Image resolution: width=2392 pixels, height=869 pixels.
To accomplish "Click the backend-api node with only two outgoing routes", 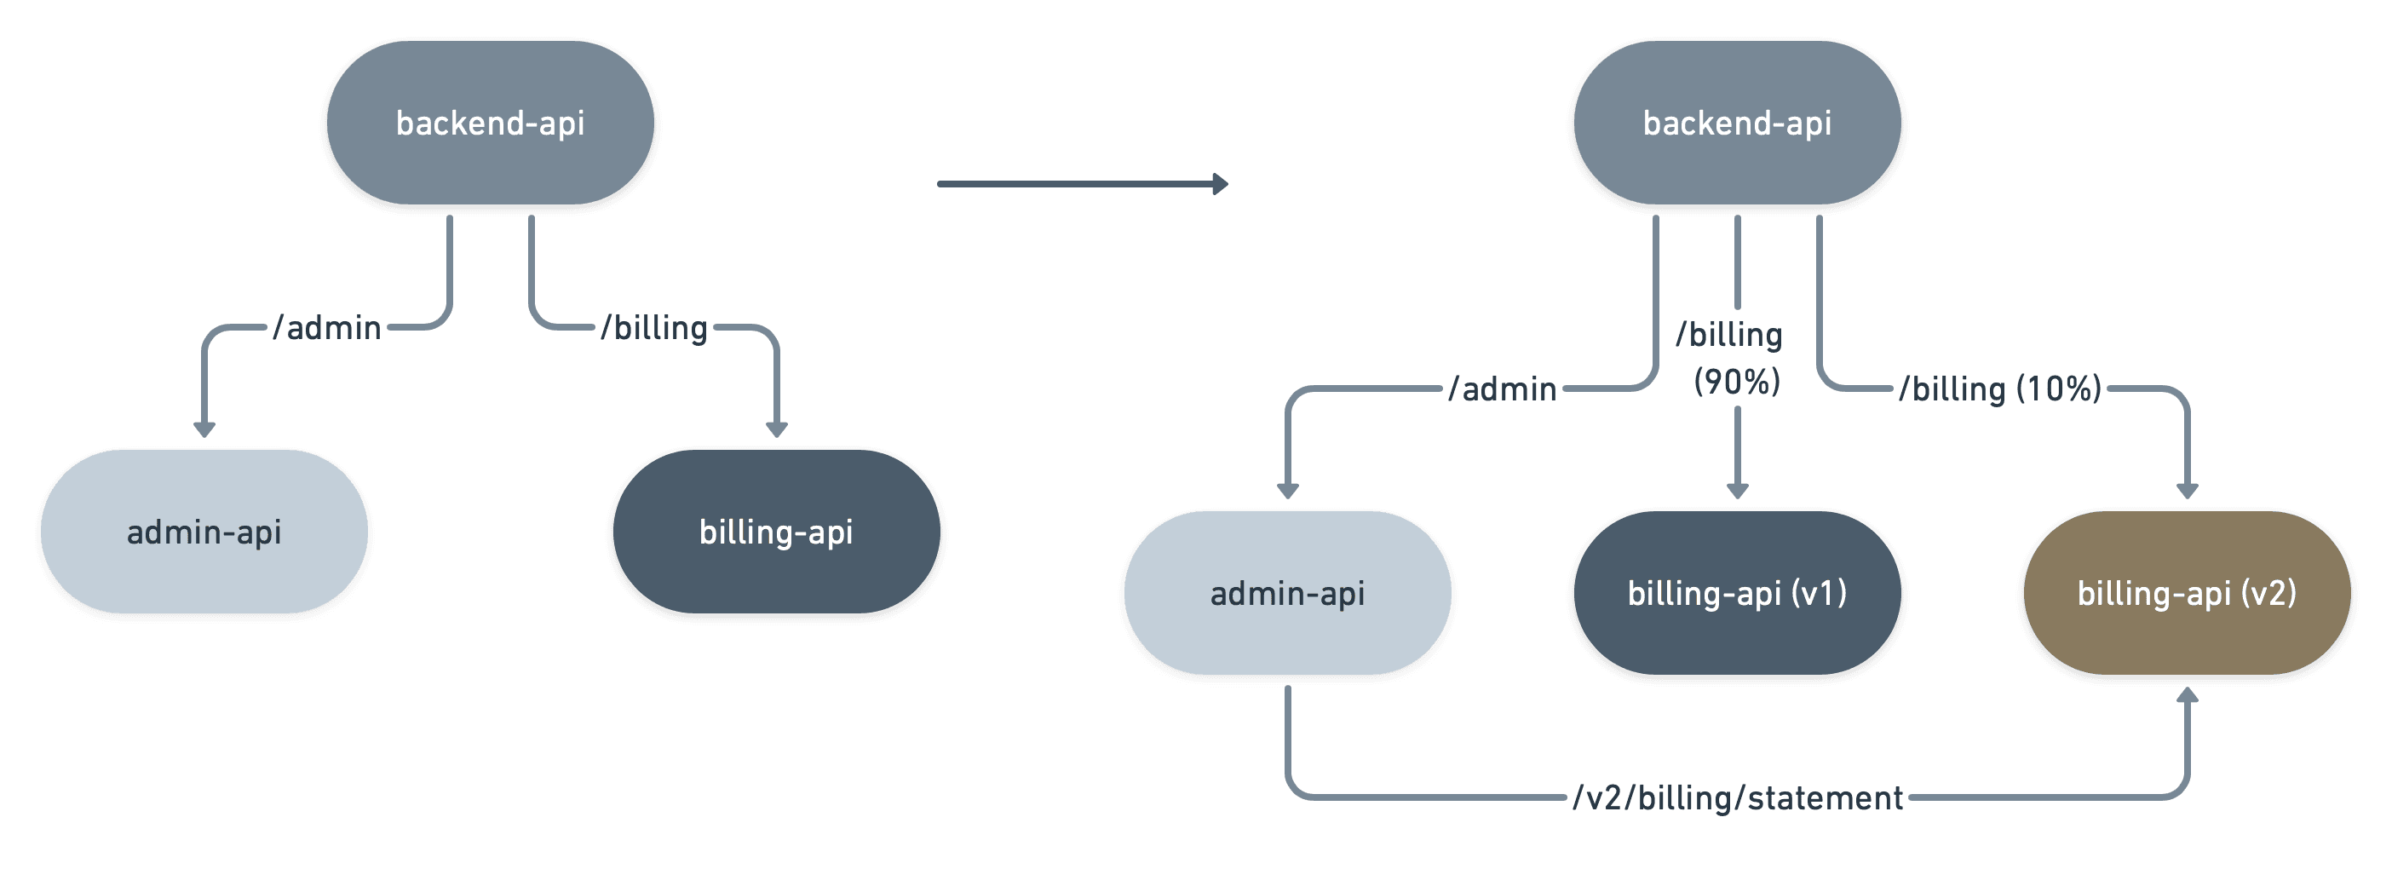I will coord(491,124).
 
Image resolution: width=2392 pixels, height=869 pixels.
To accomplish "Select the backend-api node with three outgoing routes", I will coord(1736,124).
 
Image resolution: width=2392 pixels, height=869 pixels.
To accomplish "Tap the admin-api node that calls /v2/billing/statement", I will coord(1287,593).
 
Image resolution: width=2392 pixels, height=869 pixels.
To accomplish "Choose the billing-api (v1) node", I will coord(1736,593).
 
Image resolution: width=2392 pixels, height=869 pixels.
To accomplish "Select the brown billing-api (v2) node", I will coord(2187,593).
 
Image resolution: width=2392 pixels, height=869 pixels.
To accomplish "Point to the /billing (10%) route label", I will coord(1999,389).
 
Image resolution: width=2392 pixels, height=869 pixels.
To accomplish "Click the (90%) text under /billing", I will coord(1736,382).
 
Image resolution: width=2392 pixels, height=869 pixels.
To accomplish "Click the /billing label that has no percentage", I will coord(653,328).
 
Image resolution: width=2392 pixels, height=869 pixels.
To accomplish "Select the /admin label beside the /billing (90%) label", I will coord(1503,389).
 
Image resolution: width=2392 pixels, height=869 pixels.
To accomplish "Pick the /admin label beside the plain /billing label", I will coord(327,328).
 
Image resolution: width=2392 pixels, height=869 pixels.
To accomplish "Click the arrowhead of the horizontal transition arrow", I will coord(1220,184).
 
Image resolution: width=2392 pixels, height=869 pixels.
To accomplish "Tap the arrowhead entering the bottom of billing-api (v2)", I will coord(2187,694).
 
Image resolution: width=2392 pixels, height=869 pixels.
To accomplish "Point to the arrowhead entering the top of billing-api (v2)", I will coord(2187,491).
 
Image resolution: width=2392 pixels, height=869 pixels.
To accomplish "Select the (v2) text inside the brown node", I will coord(2268,593).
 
